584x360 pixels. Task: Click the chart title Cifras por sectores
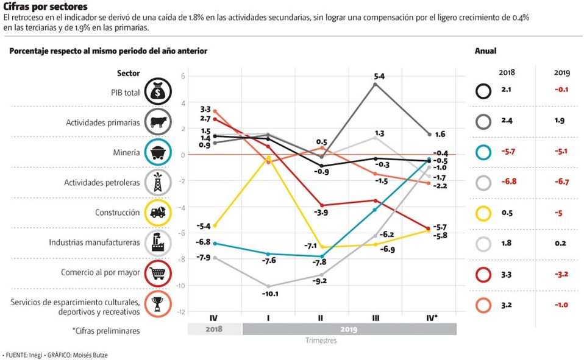tap(45, 6)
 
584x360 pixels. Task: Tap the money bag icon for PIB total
tap(158, 93)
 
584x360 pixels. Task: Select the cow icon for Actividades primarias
tap(158, 122)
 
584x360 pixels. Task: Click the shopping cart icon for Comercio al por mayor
tap(158, 272)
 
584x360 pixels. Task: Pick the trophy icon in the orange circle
tap(158, 303)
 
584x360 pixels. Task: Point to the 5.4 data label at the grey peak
tap(379, 76)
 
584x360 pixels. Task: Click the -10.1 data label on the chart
tap(269, 294)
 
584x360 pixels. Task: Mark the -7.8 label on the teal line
tap(320, 263)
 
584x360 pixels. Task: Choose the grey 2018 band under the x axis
tap(214, 330)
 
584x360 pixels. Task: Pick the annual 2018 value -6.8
tap(507, 181)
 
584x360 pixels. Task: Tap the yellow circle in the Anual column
tap(483, 213)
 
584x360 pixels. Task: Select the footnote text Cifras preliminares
tap(106, 331)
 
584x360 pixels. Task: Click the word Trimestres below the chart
tap(321, 341)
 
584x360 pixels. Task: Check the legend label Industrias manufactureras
tap(94, 242)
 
